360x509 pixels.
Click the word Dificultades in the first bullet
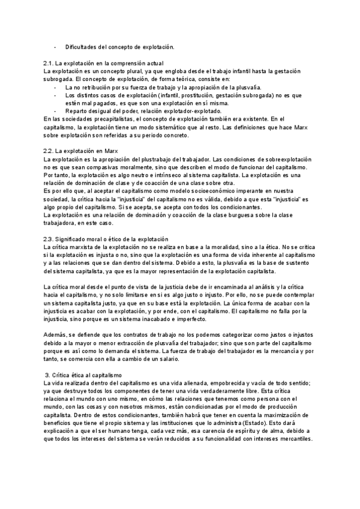(82, 46)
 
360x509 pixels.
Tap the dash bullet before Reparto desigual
(56, 110)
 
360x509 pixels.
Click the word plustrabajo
(148, 158)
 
